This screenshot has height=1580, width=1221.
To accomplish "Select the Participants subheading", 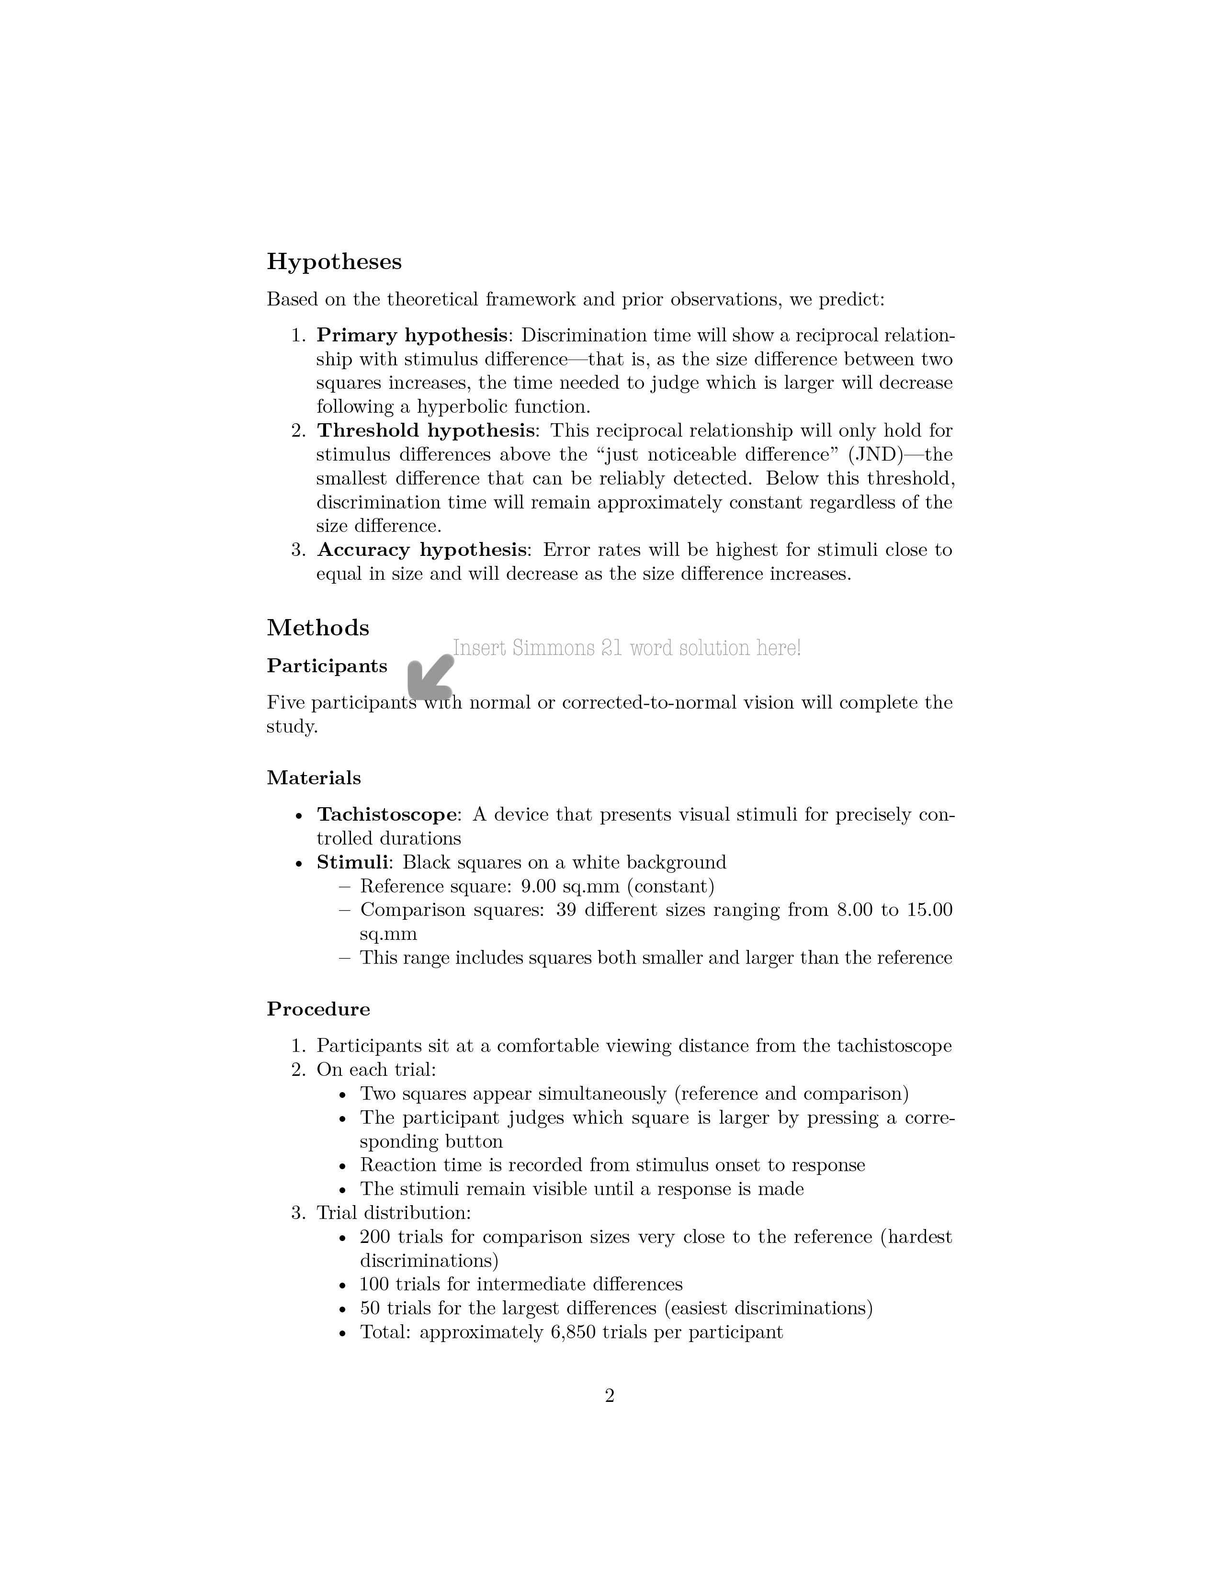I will tap(327, 666).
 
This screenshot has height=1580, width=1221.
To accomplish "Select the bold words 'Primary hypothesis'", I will tap(412, 336).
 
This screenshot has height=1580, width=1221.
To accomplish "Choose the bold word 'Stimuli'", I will tap(351, 862).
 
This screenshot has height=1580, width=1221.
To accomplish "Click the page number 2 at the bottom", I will tap(609, 1396).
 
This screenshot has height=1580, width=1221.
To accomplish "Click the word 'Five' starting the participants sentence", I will tap(286, 702).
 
